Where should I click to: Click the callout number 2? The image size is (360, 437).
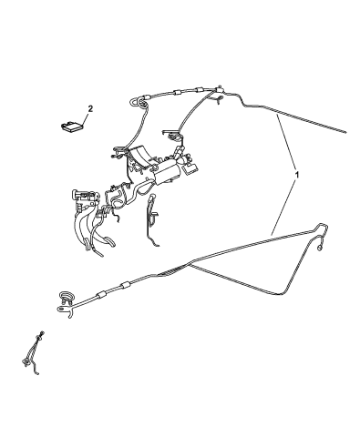tap(90, 108)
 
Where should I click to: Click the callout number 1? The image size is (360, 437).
tap(297, 175)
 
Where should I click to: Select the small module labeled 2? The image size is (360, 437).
tap(71, 127)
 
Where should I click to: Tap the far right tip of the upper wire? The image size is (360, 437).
tap(345, 132)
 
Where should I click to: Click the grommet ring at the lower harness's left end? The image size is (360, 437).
tap(66, 296)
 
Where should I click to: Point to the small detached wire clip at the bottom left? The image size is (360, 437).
tap(32, 353)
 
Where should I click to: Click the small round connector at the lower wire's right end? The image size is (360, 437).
tap(320, 249)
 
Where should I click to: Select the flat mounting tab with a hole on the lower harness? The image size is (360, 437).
tap(63, 309)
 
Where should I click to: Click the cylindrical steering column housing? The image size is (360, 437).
tap(168, 174)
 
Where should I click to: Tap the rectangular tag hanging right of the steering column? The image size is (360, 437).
tap(190, 168)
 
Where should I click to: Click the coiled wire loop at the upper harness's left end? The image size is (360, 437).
tap(141, 102)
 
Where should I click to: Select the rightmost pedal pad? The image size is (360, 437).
tap(108, 241)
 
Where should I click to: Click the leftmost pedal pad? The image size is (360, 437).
tap(87, 245)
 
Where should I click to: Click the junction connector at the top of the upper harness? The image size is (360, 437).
tap(219, 89)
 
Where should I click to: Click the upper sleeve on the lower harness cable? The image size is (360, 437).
tap(125, 286)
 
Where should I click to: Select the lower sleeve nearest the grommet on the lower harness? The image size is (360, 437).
tap(101, 294)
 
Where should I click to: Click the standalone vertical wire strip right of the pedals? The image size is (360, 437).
tap(152, 219)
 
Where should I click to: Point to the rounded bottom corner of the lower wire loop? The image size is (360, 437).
tap(281, 293)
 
